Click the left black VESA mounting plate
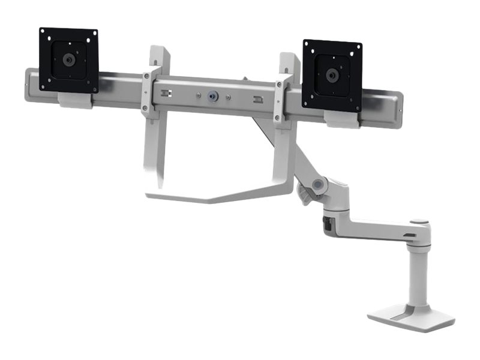coord(68,60)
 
